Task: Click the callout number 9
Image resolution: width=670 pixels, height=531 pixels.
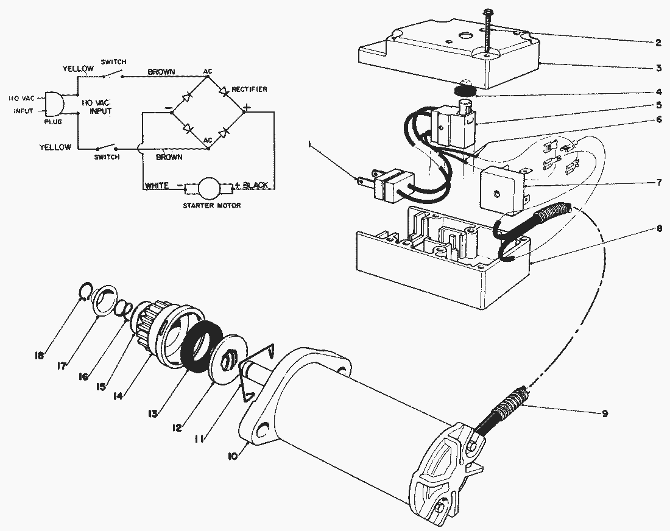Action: click(x=604, y=413)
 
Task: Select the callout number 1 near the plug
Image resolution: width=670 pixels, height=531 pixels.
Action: click(x=311, y=145)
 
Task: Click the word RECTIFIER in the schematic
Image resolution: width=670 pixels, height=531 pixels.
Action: click(x=250, y=89)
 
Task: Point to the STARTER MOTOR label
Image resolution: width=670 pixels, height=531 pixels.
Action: click(x=211, y=206)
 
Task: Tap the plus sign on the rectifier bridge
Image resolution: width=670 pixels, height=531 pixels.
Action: click(x=247, y=108)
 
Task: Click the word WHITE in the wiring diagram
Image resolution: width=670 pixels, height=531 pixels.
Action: click(x=157, y=186)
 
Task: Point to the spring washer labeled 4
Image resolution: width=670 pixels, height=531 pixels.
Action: click(x=467, y=91)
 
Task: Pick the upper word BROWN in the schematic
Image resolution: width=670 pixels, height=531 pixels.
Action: click(x=161, y=72)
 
